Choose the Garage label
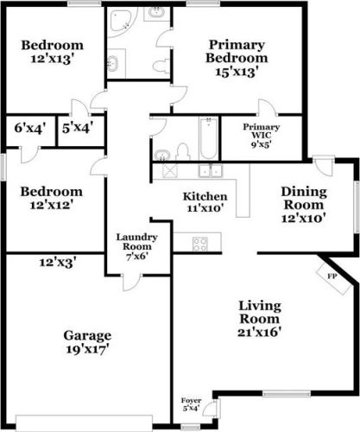pos(86,342)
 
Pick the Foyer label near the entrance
pos(190,404)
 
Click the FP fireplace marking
pos(331,276)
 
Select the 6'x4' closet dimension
pos(25,128)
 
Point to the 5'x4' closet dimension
pos(77,128)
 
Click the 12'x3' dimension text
pos(57,261)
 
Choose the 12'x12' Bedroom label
pos(52,198)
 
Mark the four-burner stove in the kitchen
pos(199,244)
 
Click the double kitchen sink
pos(208,170)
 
